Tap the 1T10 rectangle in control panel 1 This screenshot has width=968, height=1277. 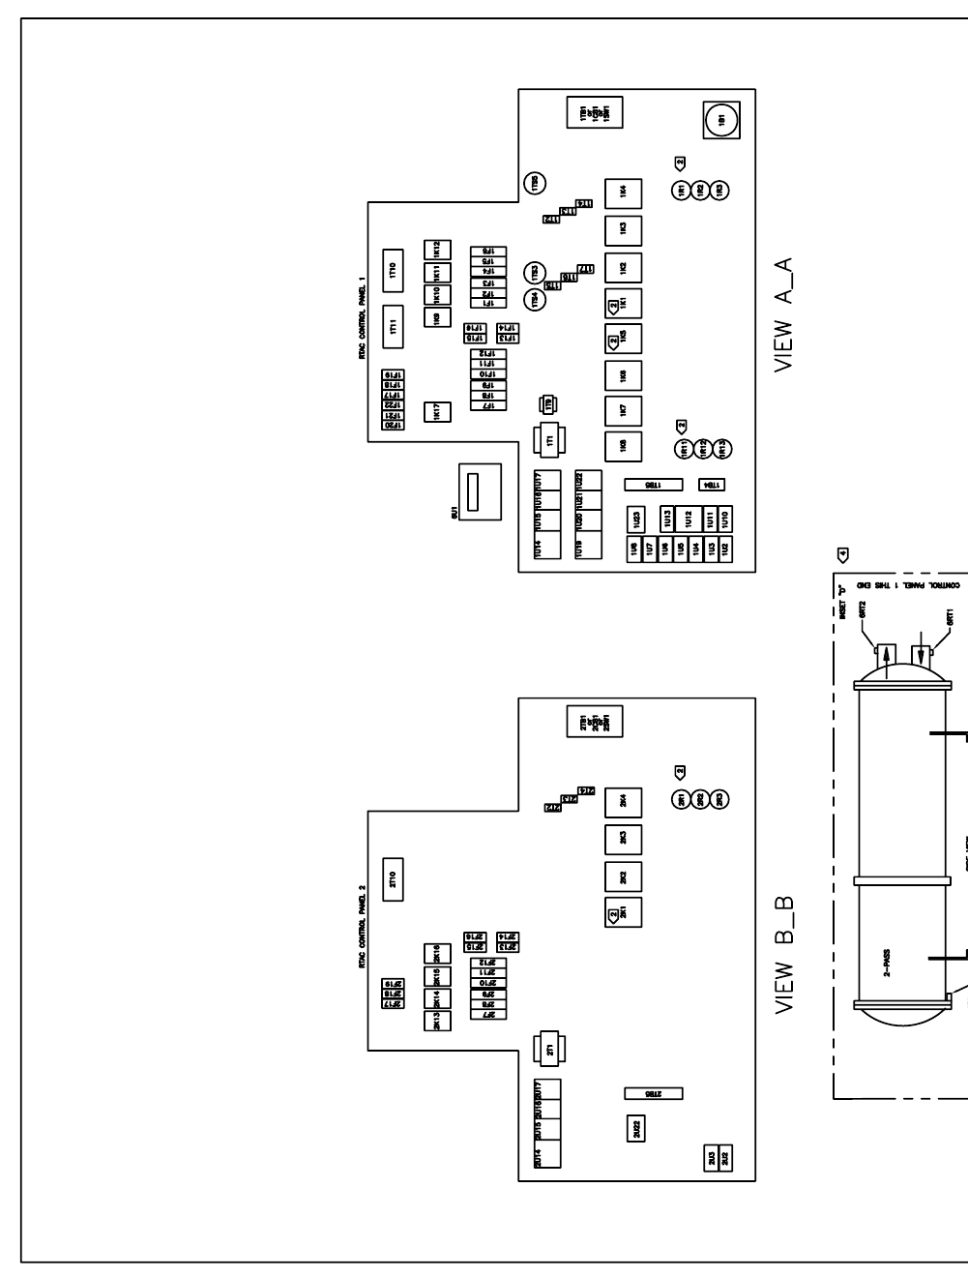click(393, 272)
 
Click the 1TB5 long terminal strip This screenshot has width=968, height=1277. click(653, 484)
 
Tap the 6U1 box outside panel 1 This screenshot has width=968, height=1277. click(479, 491)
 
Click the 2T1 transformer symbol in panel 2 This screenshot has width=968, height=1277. click(549, 1051)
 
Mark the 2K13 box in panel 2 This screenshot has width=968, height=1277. click(437, 1021)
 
